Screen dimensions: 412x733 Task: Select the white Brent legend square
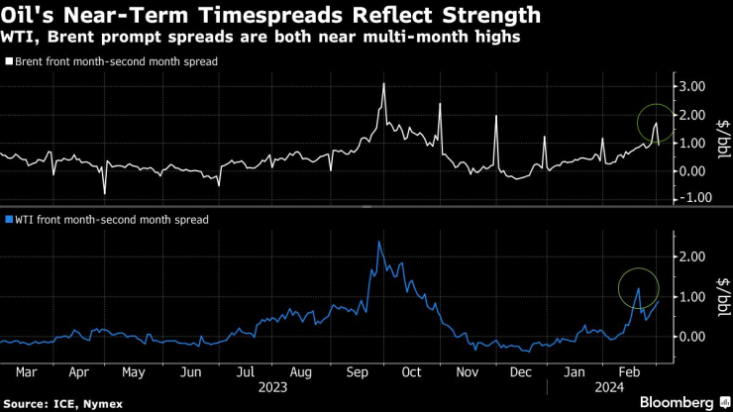click(x=9, y=61)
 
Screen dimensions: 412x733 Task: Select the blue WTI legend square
click(x=9, y=220)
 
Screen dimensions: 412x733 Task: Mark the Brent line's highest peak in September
click(x=383, y=84)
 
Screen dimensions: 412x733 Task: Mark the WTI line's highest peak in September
click(x=380, y=241)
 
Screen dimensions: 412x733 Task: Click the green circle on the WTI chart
click(x=638, y=288)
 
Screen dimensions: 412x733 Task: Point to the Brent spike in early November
click(x=495, y=115)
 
